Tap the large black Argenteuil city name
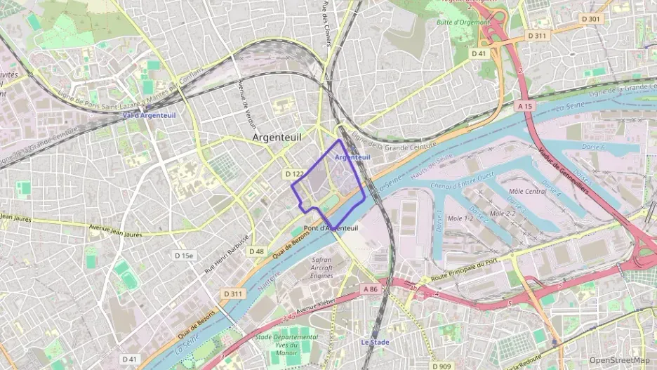[x=277, y=138]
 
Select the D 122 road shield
[x=294, y=173]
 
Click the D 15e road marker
[x=184, y=256]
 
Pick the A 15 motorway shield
[x=525, y=105]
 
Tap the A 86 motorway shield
[x=371, y=289]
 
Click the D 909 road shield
[x=442, y=366]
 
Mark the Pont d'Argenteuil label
[x=331, y=229]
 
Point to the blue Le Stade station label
[x=375, y=343]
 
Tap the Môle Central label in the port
[x=526, y=191]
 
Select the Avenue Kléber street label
[x=317, y=306]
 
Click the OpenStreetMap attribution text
[x=619, y=360]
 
